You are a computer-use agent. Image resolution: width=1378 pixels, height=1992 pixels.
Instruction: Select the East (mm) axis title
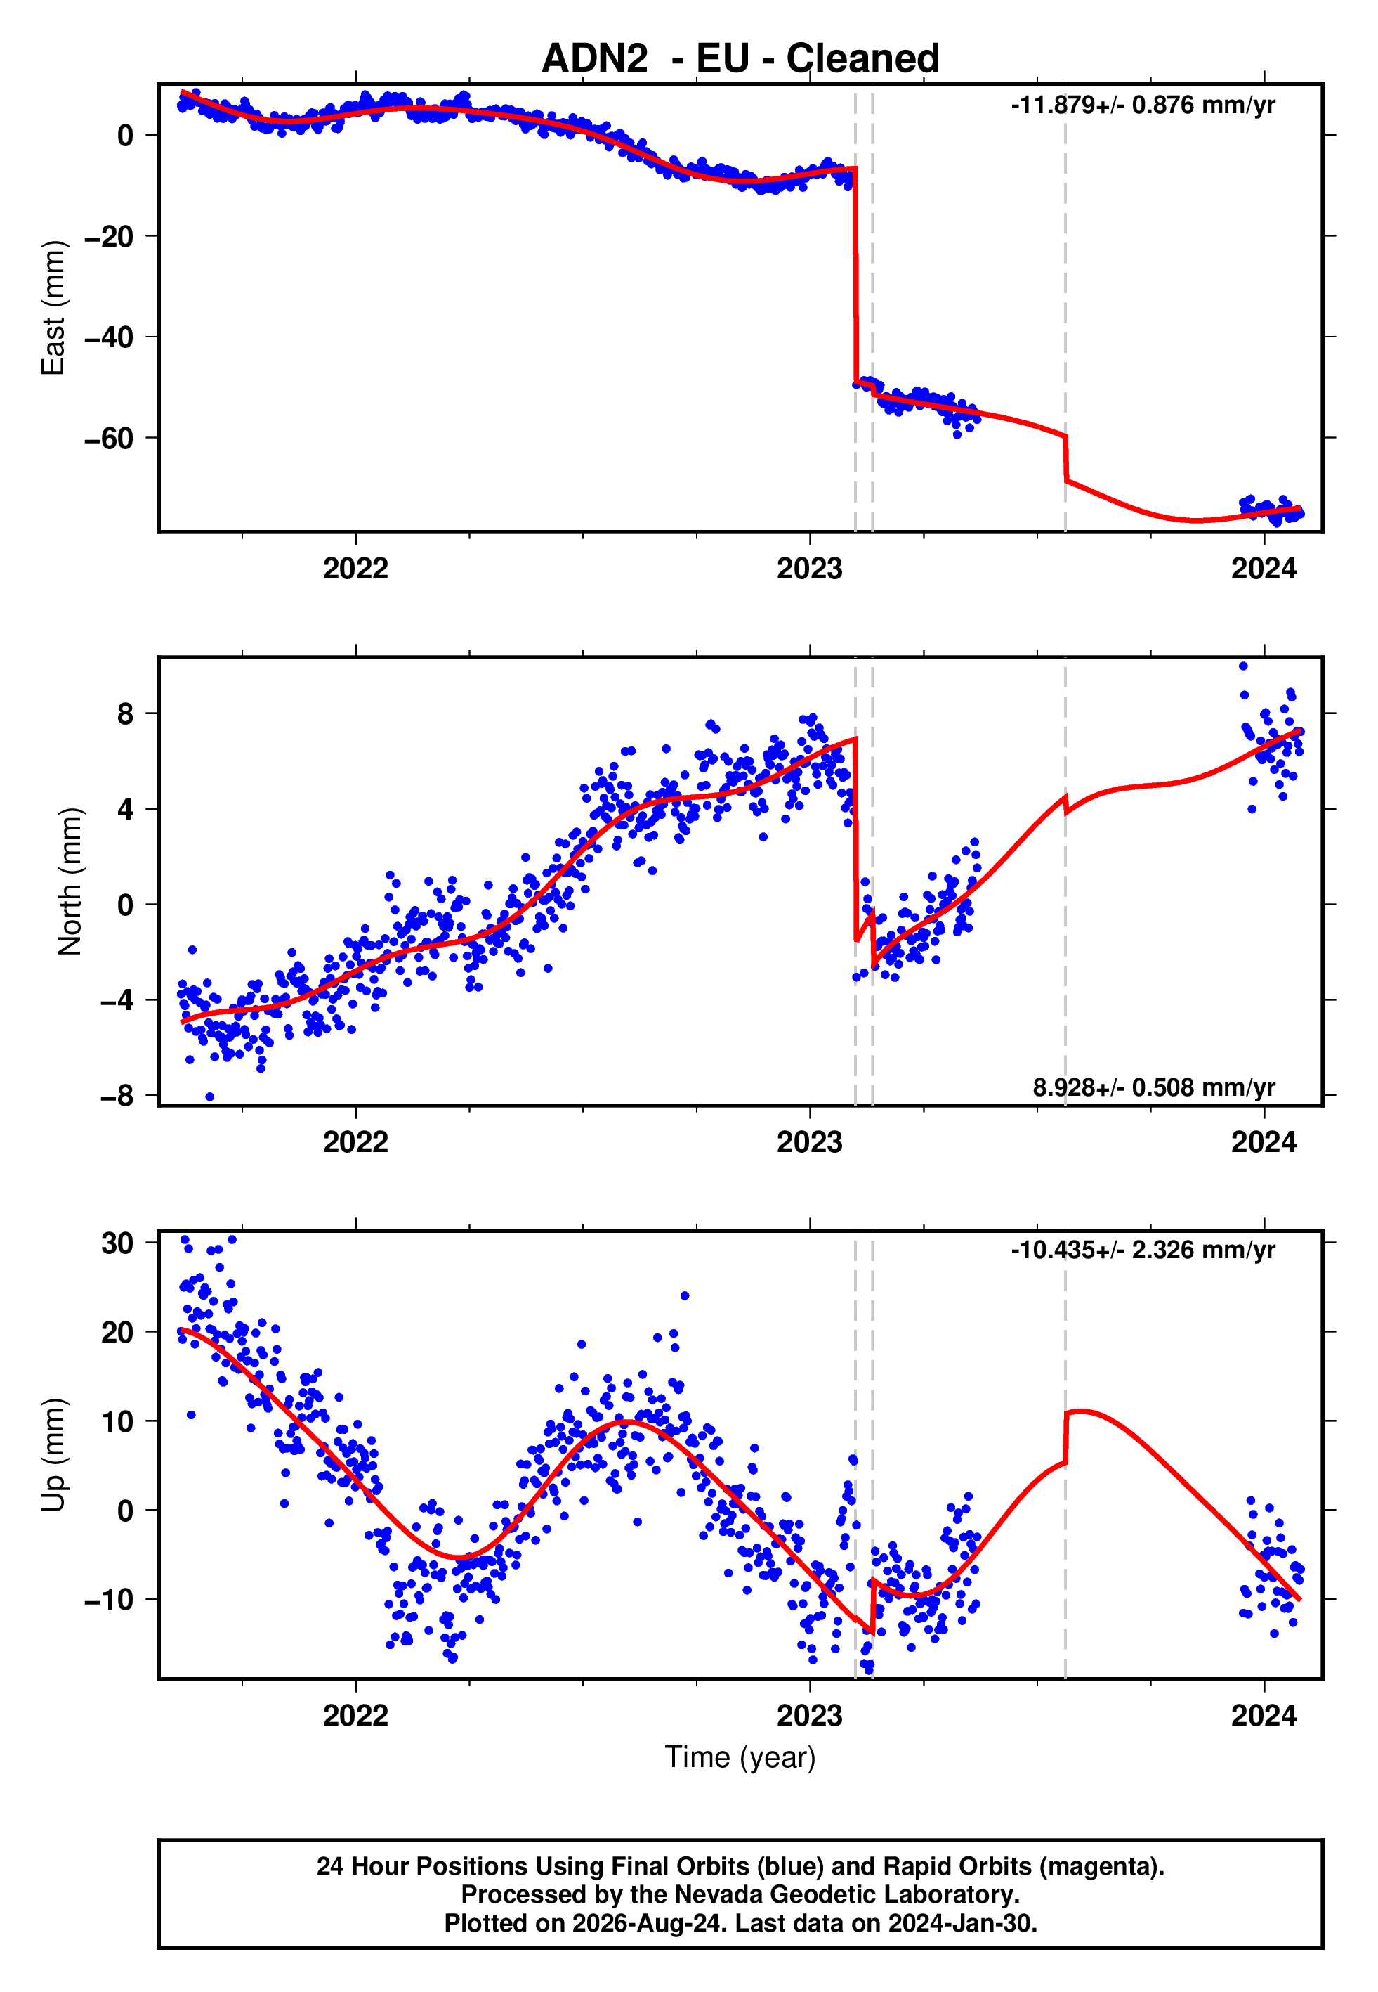(x=53, y=308)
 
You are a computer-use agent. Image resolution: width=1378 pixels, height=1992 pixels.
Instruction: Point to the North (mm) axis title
(x=70, y=881)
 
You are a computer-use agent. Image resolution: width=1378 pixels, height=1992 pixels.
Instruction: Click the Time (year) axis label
(x=740, y=1758)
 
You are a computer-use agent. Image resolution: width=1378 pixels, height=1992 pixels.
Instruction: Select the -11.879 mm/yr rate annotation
(x=1143, y=105)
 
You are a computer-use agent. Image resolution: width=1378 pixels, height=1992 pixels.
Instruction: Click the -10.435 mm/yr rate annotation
(x=1143, y=1250)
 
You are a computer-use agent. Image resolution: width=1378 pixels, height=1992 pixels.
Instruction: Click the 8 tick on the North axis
(x=126, y=713)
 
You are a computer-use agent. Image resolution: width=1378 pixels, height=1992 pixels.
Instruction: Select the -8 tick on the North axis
(x=117, y=1095)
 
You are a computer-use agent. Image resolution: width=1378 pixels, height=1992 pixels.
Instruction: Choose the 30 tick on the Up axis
(x=117, y=1242)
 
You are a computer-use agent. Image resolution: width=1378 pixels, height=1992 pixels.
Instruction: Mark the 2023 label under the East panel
(x=809, y=569)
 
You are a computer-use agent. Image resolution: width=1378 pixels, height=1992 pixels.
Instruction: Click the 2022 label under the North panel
(x=355, y=1142)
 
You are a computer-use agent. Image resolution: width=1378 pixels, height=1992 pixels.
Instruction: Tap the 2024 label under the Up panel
(x=1264, y=1716)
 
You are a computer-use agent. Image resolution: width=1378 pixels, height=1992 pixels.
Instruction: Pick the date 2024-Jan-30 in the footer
(x=959, y=1923)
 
